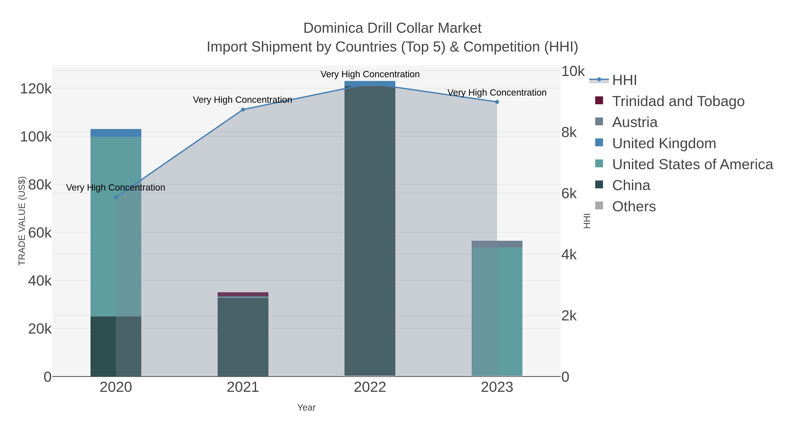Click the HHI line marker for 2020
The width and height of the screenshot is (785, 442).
pyautogui.click(x=116, y=197)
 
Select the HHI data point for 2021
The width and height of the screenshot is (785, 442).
pyautogui.click(x=243, y=110)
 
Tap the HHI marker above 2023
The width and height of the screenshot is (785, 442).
pyautogui.click(x=497, y=102)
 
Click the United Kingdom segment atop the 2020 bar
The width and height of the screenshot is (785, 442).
pyautogui.click(x=116, y=133)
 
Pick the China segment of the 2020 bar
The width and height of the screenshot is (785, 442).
pyautogui.click(x=116, y=346)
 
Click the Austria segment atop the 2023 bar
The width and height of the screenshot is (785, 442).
pyautogui.click(x=497, y=244)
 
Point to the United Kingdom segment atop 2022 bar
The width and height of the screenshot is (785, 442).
pyautogui.click(x=370, y=83)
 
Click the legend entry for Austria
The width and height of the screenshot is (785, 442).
pyautogui.click(x=635, y=122)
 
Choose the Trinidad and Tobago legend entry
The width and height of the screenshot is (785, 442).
pyautogui.click(x=678, y=101)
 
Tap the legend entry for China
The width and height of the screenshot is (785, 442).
pyautogui.click(x=631, y=186)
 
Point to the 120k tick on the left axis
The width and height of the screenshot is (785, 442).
pyautogui.click(x=36, y=89)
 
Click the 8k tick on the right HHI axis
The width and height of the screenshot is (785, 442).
pyautogui.click(x=569, y=132)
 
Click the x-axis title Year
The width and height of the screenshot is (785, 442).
pyautogui.click(x=306, y=408)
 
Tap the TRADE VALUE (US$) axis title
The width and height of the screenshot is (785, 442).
pyautogui.click(x=22, y=221)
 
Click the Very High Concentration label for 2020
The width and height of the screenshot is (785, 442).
pyautogui.click(x=116, y=187)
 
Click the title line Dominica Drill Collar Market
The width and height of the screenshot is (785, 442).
pyautogui.click(x=392, y=28)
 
